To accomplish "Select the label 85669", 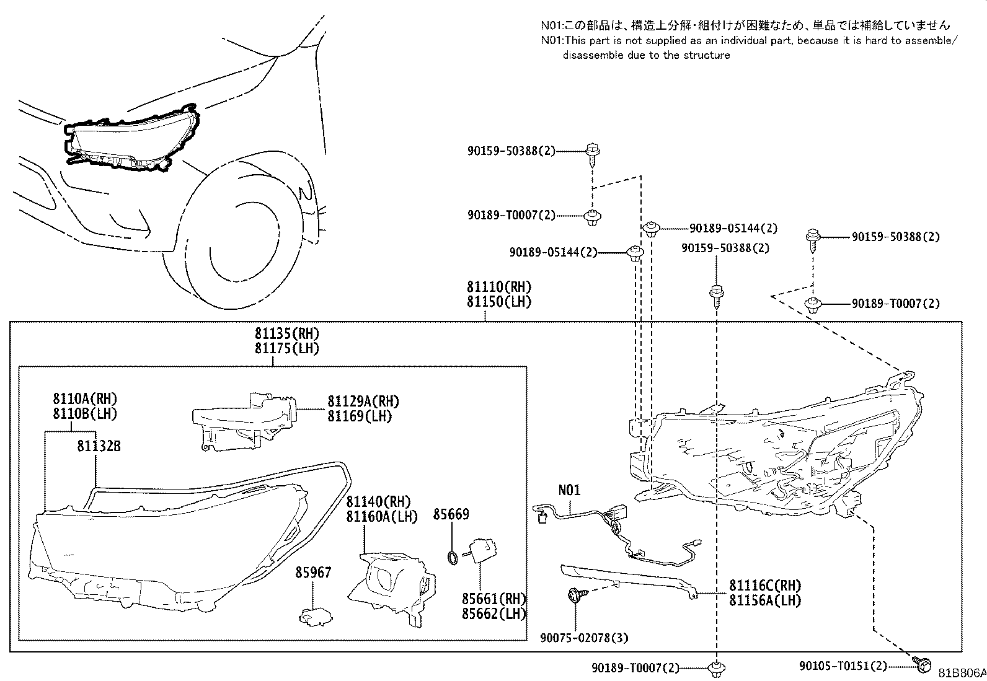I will (451, 514).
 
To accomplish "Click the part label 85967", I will (312, 573).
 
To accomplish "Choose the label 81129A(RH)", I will (363, 401).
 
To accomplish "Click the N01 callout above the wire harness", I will (569, 490).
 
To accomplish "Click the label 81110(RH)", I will (499, 288).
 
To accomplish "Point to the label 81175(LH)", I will (286, 349).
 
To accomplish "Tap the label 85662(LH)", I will (493, 614).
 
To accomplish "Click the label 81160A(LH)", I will (381, 516).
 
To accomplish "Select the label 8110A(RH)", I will (85, 399).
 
